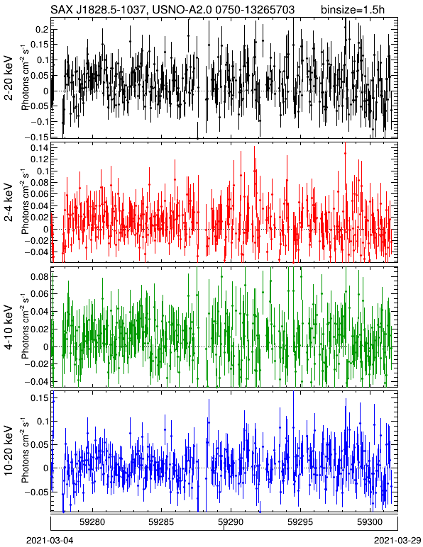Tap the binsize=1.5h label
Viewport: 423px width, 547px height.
pos(353,9)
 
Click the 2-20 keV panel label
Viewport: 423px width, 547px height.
pos(9,78)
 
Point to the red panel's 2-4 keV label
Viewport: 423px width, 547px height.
pos(9,203)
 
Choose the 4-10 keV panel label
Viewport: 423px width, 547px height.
pos(9,327)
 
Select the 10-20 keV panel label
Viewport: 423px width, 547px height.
pos(9,451)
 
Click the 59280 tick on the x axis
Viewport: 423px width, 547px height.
pos(92,522)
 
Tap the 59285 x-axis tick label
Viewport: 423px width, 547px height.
pos(161,522)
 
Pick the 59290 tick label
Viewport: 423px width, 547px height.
pos(231,522)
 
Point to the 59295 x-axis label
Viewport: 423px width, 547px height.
pos(300,522)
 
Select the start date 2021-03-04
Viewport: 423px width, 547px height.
pos(50,541)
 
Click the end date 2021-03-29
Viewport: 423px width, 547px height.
pos(397,541)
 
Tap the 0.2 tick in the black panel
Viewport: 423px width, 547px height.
pos(42,30)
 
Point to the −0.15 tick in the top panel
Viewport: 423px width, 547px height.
pos(37,137)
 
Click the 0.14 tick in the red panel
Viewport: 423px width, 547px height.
pos(40,147)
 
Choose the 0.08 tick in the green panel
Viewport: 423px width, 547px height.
pos(40,276)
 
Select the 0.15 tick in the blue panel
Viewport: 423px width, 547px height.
pos(40,397)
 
